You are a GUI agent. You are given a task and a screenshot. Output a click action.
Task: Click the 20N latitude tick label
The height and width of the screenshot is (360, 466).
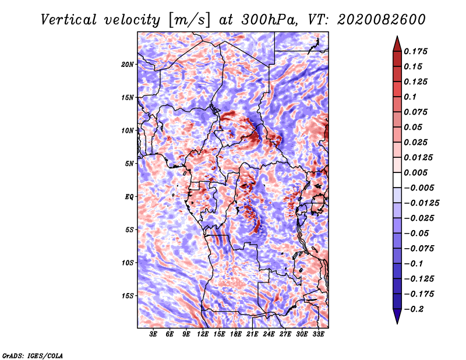128,65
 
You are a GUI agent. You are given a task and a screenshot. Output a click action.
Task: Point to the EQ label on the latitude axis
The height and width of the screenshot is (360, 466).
129,197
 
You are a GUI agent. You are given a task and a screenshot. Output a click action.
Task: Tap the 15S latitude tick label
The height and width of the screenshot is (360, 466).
128,296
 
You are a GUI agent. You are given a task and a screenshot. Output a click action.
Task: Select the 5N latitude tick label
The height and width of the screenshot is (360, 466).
129,164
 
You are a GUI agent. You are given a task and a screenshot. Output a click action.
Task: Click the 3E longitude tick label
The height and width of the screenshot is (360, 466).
153,334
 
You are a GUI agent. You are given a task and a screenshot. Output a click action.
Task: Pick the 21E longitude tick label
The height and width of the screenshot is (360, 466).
252,334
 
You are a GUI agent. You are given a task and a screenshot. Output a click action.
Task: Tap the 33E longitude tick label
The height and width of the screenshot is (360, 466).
318,334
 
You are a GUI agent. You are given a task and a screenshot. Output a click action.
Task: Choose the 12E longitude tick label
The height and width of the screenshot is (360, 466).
202,334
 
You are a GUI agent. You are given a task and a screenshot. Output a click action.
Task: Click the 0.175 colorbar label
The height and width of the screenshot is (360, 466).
415,51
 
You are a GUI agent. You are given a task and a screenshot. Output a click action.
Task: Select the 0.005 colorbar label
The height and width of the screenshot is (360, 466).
415,172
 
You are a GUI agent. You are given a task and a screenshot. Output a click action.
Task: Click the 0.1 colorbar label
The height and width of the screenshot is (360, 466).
410,97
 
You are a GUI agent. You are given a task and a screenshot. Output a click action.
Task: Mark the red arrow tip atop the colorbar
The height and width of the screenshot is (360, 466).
397,37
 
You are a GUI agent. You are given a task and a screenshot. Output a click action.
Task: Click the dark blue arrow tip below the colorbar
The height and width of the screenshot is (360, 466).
397,323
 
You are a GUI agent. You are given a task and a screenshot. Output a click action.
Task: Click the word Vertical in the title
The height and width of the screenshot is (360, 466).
69,20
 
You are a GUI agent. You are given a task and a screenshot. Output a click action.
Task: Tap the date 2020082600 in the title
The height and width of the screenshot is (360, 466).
382,20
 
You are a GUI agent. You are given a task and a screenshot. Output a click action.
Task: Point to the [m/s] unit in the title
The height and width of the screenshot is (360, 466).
189,20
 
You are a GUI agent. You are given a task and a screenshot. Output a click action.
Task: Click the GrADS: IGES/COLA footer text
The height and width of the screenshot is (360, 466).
33,356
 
